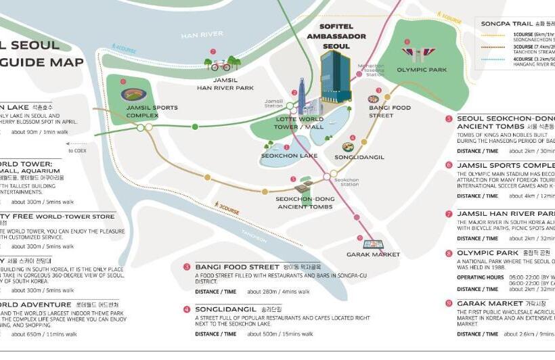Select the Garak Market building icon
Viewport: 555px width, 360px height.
coord(373,244)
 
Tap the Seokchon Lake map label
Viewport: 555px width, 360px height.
coord(289,156)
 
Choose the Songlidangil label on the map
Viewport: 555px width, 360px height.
coord(359,157)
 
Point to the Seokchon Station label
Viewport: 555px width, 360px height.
coord(349,181)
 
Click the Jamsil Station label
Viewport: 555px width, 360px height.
coord(273,103)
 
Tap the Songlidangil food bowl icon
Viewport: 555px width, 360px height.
coord(348,147)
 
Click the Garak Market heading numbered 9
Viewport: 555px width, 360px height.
coord(489,304)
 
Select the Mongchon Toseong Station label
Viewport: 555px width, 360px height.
coord(374,70)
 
